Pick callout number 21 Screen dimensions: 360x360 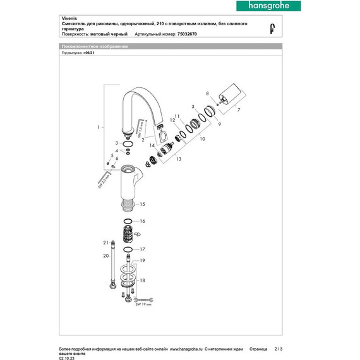[106, 243]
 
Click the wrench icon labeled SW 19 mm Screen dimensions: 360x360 [145, 299]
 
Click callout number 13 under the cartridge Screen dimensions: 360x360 [178, 159]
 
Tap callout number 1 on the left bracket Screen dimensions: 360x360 [98, 128]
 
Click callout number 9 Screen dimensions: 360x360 [220, 125]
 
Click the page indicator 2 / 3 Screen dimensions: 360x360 [280, 348]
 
